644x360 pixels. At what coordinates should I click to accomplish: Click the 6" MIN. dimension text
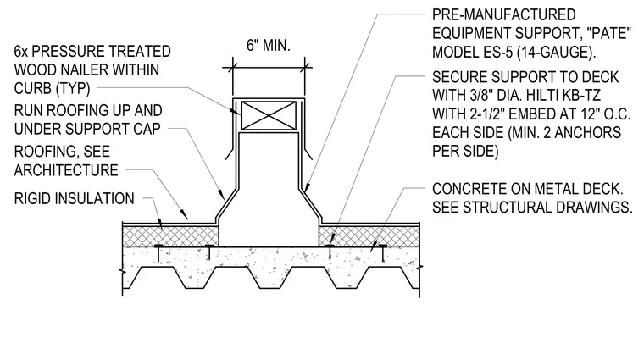click(x=269, y=45)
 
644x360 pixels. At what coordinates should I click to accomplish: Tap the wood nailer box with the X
click(x=269, y=116)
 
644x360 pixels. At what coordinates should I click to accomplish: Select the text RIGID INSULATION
click(x=74, y=199)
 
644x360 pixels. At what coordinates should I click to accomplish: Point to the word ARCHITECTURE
click(x=66, y=170)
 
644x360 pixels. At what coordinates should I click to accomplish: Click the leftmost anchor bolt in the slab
click(x=158, y=253)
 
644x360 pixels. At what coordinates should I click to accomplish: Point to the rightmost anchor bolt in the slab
click(x=383, y=253)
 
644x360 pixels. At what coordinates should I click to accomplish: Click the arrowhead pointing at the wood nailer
click(x=235, y=111)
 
